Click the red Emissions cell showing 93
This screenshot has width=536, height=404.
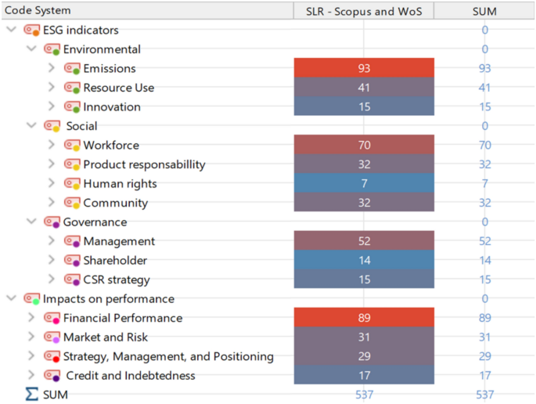(364, 68)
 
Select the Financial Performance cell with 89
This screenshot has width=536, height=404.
(364, 318)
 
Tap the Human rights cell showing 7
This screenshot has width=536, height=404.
(364, 183)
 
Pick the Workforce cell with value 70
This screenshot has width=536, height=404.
(364, 145)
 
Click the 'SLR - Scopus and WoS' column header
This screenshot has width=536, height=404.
(364, 11)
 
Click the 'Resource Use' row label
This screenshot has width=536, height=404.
(119, 88)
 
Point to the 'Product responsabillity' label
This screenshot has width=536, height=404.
(144, 164)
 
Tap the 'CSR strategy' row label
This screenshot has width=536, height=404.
(117, 280)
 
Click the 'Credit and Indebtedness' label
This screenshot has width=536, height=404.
(131, 376)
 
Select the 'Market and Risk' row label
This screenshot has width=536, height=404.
(106, 337)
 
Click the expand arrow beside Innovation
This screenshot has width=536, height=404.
(52, 106)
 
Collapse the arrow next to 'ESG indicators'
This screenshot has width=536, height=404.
(11, 30)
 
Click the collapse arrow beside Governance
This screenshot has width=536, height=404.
(31, 222)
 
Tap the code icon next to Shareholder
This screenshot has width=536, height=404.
(72, 261)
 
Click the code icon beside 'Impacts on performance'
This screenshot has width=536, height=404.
(32, 299)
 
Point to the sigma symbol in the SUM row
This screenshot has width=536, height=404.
(31, 395)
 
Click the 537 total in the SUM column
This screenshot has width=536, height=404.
(484, 395)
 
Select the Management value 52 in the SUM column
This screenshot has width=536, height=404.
(484, 241)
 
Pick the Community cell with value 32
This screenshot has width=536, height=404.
(364, 203)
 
